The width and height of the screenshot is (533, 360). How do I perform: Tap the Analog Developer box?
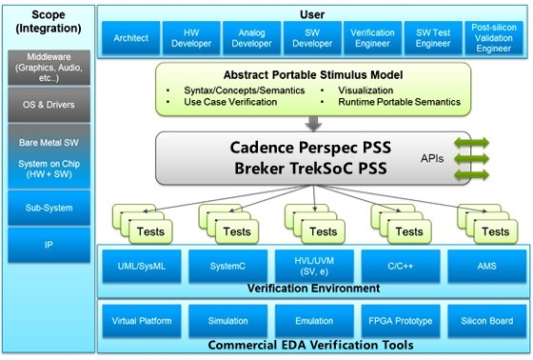coord(253,38)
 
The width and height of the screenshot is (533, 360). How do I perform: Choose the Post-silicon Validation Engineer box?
coord(491,38)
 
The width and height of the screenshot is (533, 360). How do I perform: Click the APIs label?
coord(434,159)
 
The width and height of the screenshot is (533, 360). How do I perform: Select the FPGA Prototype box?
coord(401,322)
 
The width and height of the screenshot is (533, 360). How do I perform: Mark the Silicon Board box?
coord(486,322)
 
